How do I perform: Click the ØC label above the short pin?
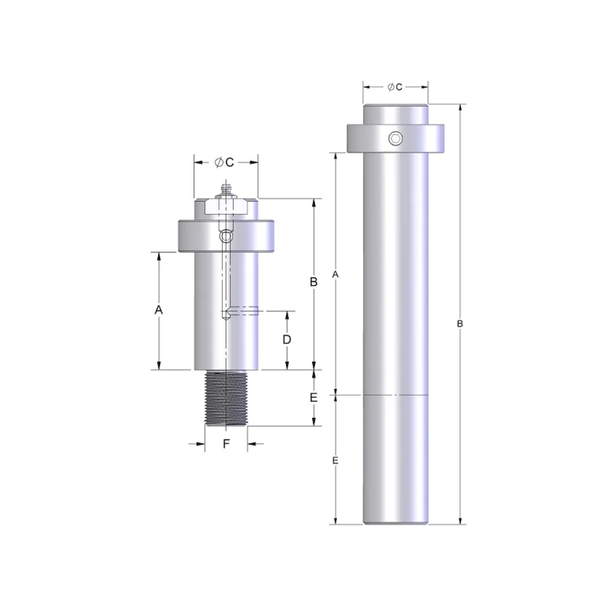point(225,162)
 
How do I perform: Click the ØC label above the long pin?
point(395,87)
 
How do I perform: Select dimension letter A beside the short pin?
point(158,310)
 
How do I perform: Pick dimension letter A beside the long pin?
point(335,274)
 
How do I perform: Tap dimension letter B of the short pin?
point(313,282)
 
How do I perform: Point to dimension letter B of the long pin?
point(460,324)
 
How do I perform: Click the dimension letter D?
point(287,339)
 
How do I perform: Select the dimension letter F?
point(226,444)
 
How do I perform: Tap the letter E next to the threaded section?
point(313,398)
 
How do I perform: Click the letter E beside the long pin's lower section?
point(335,461)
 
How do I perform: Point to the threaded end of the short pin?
point(226,398)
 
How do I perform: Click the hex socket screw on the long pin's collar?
point(396,139)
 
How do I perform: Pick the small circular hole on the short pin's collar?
point(226,236)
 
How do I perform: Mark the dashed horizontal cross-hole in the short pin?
point(246,311)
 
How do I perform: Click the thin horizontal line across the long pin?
point(396,395)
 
